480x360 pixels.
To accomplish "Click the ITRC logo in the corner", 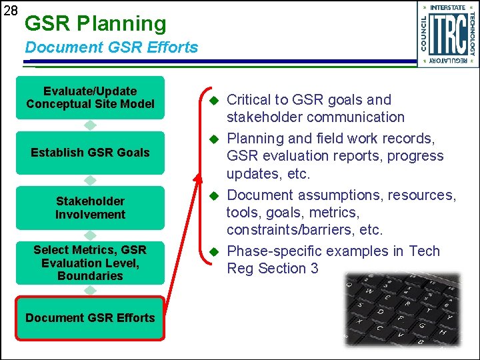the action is (x=447, y=34).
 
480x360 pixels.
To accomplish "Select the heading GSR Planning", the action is (x=95, y=23).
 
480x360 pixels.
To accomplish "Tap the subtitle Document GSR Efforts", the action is (x=111, y=47).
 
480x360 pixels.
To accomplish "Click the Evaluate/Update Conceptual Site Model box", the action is (x=90, y=97).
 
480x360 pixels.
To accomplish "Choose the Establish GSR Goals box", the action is (x=90, y=153).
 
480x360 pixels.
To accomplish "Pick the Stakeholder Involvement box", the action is (x=90, y=207).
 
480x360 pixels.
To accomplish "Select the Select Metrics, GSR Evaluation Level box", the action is (x=90, y=262).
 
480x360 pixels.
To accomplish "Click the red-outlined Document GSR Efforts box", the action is (x=90, y=318).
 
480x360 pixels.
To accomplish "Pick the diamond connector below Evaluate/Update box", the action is (x=90, y=125).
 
